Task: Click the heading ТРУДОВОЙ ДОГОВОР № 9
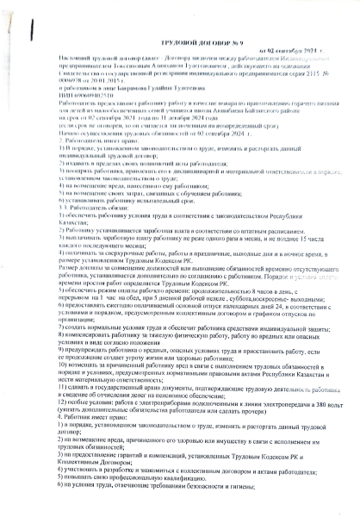pos(180,54)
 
